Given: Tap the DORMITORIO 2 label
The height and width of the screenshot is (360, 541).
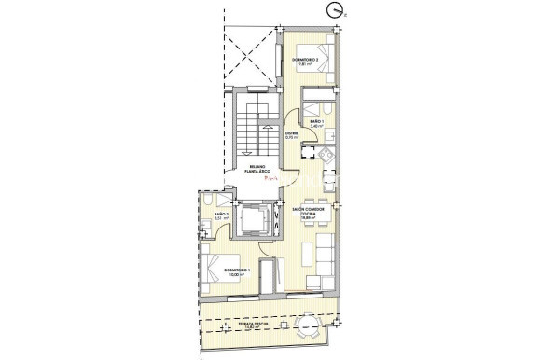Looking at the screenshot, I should (x=306, y=62).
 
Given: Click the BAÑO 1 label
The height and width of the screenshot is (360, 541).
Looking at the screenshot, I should (x=317, y=121).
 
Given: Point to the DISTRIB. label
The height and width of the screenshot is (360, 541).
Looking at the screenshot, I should (x=291, y=137).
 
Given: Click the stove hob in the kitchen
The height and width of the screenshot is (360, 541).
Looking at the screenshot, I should (x=328, y=156).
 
